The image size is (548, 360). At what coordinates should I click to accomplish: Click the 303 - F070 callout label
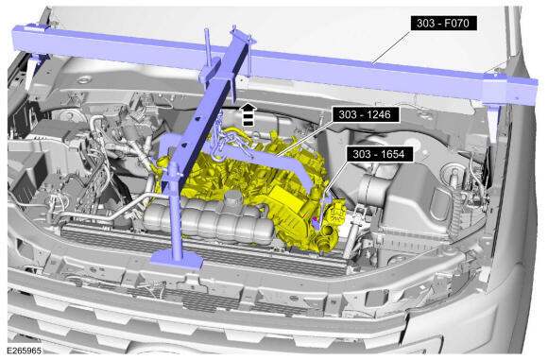coord(443,23)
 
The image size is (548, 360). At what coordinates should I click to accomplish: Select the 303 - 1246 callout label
coord(366,114)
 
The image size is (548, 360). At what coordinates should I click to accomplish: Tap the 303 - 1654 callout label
coord(380,154)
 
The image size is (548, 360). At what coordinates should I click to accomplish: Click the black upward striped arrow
coord(248,114)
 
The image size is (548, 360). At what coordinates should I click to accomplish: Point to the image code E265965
coord(25,351)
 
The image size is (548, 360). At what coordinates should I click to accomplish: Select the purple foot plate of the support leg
coord(177,259)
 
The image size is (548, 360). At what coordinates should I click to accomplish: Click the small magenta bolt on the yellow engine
coord(315,219)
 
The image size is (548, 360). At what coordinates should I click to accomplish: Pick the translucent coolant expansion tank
coord(208,220)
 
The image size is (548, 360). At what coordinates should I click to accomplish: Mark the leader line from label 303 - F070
coord(392,47)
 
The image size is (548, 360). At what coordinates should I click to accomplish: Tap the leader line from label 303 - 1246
coord(305,138)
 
